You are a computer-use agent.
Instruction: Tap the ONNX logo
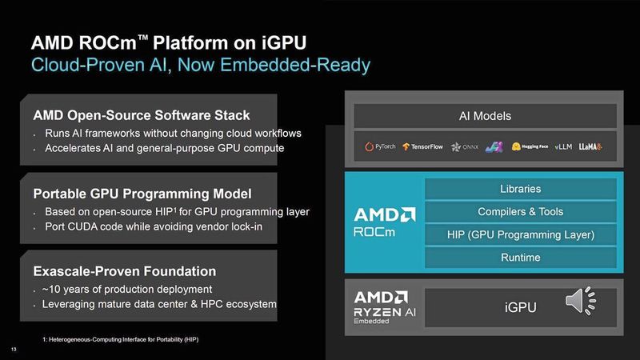[x=465, y=147]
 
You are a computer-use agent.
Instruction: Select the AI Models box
[x=485, y=116]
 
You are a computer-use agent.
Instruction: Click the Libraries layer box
[x=520, y=190]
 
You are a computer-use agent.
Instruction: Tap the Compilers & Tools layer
[x=520, y=212]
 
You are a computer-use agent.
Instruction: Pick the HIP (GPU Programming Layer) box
[x=520, y=234]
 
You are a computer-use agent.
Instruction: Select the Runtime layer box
[x=520, y=258]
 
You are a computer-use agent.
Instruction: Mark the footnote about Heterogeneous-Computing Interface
[x=120, y=341]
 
